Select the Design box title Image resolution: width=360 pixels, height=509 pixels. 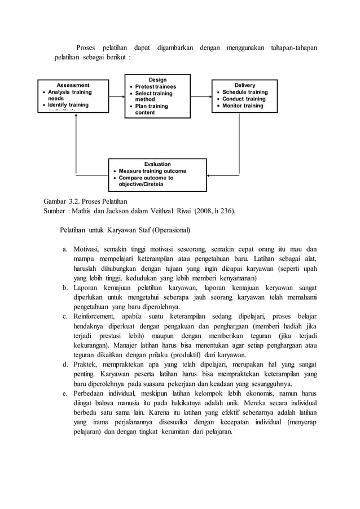[x=157, y=80]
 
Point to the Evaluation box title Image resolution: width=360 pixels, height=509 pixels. [x=157, y=164]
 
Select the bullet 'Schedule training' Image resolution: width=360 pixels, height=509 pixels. [x=244, y=92]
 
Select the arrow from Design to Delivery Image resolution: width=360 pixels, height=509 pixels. [x=198, y=96]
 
